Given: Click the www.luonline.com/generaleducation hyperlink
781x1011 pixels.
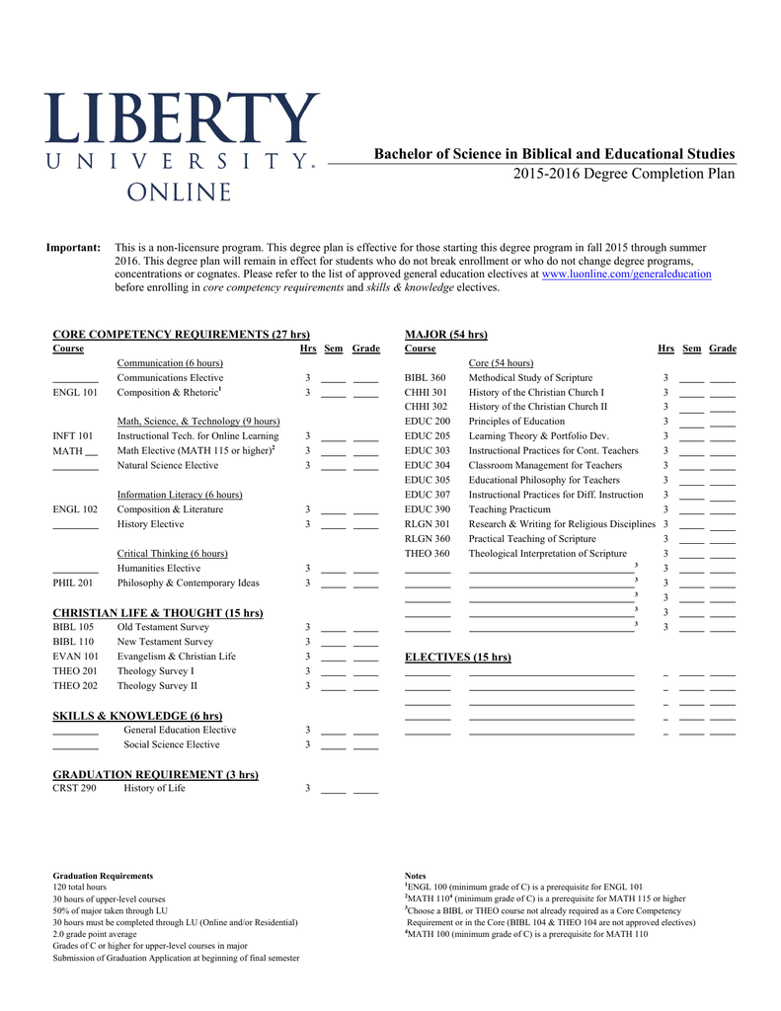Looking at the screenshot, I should [626, 274].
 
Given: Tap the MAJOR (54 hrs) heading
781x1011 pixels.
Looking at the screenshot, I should [446, 335].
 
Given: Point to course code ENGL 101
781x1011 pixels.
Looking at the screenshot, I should [74, 392].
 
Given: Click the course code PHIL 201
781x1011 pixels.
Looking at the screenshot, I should [74, 583].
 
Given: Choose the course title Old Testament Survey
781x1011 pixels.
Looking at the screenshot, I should [163, 627].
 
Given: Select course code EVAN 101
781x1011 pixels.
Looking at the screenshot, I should [75, 657].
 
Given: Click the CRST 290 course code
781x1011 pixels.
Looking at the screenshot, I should [74, 788].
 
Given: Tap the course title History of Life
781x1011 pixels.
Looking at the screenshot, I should [154, 788].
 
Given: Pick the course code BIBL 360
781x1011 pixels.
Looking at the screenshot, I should [426, 377].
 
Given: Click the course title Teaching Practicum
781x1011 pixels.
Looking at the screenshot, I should [509, 509].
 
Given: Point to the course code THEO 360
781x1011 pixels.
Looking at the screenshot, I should [428, 554].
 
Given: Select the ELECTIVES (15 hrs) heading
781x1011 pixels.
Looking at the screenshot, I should [458, 657].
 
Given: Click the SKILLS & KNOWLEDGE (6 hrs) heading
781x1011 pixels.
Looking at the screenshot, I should [137, 715].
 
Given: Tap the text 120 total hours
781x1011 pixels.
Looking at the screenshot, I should [79, 887].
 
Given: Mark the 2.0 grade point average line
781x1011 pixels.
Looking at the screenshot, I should [95, 934].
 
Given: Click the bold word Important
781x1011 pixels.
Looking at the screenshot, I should [74, 247].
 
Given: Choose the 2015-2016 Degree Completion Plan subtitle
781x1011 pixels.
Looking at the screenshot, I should [624, 174].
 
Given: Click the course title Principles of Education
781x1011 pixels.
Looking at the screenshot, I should [516, 422].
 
